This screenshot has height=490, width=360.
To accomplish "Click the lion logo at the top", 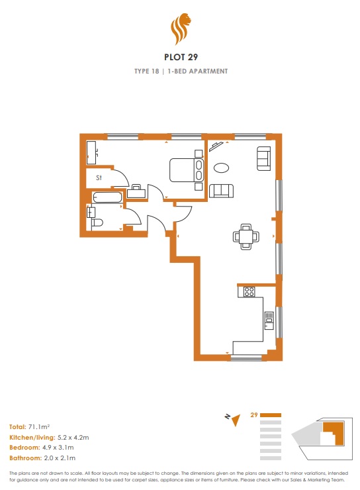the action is coord(181,28).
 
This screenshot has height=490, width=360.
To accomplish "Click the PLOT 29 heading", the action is coord(181,57).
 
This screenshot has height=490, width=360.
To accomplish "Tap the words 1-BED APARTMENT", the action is coord(198,72).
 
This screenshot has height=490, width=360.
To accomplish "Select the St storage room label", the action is coord(99,177).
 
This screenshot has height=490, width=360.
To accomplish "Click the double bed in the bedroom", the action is coord(187,170).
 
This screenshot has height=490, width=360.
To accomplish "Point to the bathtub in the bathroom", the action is coord(107,197).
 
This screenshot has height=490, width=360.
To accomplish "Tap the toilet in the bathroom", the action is coord(97,222).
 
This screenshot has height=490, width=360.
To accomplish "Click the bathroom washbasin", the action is coord(91,212).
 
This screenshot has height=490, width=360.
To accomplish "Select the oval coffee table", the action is coord(222,168).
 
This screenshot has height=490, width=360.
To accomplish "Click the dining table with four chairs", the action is coord(246,236).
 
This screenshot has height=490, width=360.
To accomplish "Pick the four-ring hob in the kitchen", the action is coord(249,291).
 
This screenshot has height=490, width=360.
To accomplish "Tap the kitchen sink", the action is coord(269,320).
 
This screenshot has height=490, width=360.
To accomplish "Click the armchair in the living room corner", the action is coord(263,158).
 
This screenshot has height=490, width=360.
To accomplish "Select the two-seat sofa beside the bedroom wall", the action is coord(221,191).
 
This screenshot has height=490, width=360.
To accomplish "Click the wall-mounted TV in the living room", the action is coord(216,146).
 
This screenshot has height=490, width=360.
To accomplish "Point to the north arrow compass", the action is coord(233,419).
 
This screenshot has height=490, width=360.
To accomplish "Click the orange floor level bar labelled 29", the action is coord(271,415).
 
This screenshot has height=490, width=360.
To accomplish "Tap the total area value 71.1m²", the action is coord(39,426).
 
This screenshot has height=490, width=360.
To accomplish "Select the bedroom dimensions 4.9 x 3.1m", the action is coord(58,448).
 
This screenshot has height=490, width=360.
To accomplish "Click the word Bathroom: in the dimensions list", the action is coord(25,458).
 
